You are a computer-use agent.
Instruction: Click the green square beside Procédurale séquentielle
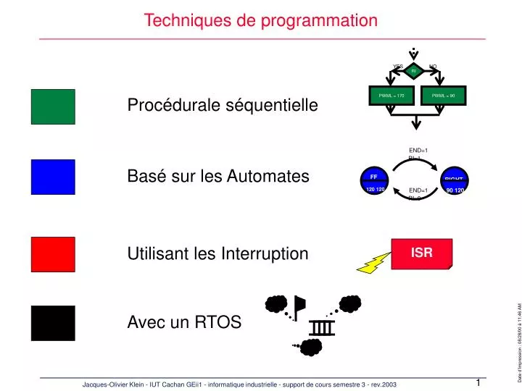(53, 106)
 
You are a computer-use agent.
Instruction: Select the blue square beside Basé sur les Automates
(53, 177)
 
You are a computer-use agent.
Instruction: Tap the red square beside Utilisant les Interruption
(53, 254)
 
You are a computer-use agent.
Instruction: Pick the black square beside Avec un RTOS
(53, 323)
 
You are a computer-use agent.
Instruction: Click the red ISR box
(422, 253)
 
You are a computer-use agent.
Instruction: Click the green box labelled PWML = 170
(391, 95)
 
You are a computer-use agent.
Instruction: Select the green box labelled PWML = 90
(443, 95)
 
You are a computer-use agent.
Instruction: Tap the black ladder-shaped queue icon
(323, 328)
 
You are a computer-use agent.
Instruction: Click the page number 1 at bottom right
(478, 382)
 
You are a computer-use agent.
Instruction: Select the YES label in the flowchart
(397, 67)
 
